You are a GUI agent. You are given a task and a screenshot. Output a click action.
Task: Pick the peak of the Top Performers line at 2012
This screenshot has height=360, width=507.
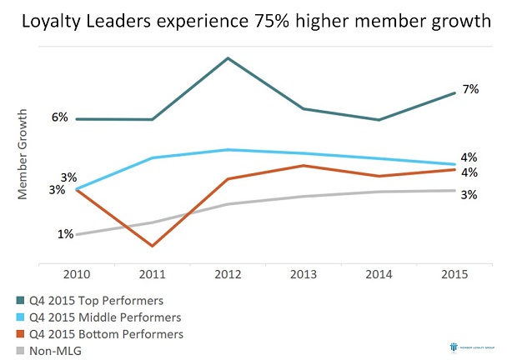click(x=228, y=58)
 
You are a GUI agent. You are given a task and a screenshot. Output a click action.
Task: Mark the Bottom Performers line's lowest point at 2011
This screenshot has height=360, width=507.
click(x=152, y=246)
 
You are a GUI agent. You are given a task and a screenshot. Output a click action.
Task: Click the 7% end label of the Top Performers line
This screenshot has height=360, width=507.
click(x=470, y=89)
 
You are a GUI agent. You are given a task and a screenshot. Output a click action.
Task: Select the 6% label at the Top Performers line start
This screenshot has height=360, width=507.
click(x=59, y=117)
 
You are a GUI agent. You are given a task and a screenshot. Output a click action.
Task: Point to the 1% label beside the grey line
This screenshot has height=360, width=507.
click(x=65, y=234)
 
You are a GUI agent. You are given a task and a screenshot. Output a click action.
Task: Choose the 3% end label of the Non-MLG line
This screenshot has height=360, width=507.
click(x=469, y=195)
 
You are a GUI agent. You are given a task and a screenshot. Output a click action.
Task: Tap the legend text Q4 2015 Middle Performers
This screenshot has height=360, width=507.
click(x=105, y=317)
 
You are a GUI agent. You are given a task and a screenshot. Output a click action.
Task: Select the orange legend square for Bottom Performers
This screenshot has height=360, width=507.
click(x=19, y=334)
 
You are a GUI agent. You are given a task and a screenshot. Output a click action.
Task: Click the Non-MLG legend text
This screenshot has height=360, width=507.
click(x=55, y=351)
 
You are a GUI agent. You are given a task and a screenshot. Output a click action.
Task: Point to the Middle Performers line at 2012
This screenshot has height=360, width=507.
click(x=228, y=150)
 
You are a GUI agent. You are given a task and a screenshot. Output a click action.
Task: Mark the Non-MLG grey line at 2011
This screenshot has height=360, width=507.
click(x=152, y=222)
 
